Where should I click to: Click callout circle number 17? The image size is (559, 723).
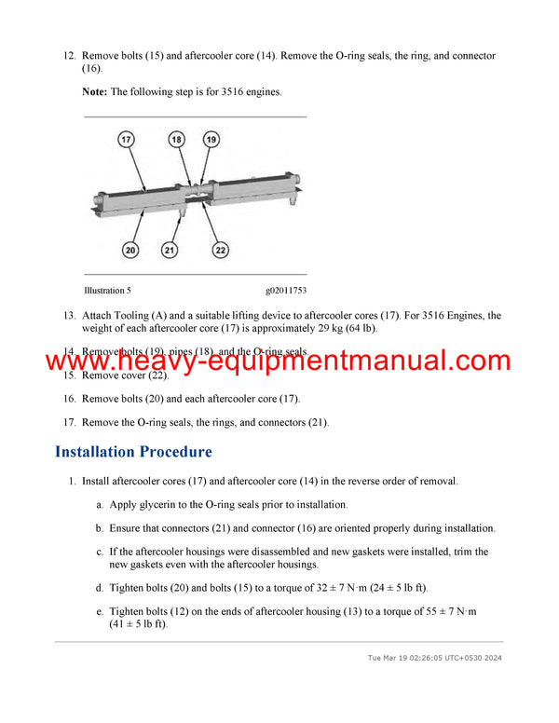coord(128,139)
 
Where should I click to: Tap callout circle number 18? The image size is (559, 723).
coord(177,139)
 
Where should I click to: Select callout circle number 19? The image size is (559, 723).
coord(211,139)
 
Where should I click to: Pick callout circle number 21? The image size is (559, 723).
coord(169,249)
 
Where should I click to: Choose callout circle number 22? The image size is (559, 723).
coord(221,249)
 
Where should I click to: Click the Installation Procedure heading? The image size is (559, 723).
coord(133,452)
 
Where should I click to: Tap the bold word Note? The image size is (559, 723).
coord(94,92)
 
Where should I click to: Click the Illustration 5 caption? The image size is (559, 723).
coord(107,292)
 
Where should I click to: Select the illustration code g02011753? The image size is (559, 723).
coord(286,292)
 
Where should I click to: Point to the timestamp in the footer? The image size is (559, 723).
coord(435,657)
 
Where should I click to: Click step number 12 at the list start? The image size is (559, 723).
coord(69,56)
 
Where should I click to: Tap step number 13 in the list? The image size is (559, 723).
coord(69,316)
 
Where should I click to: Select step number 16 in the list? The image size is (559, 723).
coord(69,399)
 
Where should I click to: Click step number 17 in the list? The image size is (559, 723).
coord(69,422)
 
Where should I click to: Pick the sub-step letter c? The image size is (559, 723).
coord(100,552)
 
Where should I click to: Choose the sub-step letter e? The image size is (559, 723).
coord(100,611)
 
